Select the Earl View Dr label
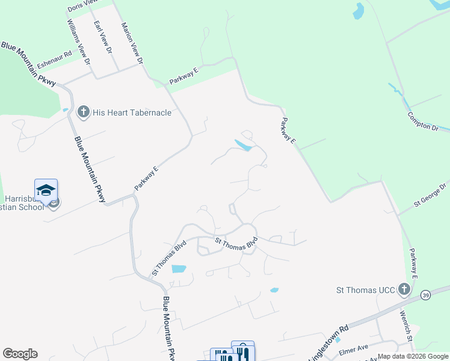tap(103, 38)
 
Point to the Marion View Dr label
tap(132, 43)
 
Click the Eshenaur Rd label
tap(54, 58)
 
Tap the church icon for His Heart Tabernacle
tap(83, 112)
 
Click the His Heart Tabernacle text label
tap(132, 113)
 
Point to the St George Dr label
tap(430, 196)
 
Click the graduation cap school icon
tap(46, 190)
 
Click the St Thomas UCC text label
tap(365, 291)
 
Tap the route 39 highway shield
tap(425, 295)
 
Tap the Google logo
tap(20, 354)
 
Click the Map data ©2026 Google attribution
tap(413, 357)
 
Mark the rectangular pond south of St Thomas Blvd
tap(179, 269)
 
